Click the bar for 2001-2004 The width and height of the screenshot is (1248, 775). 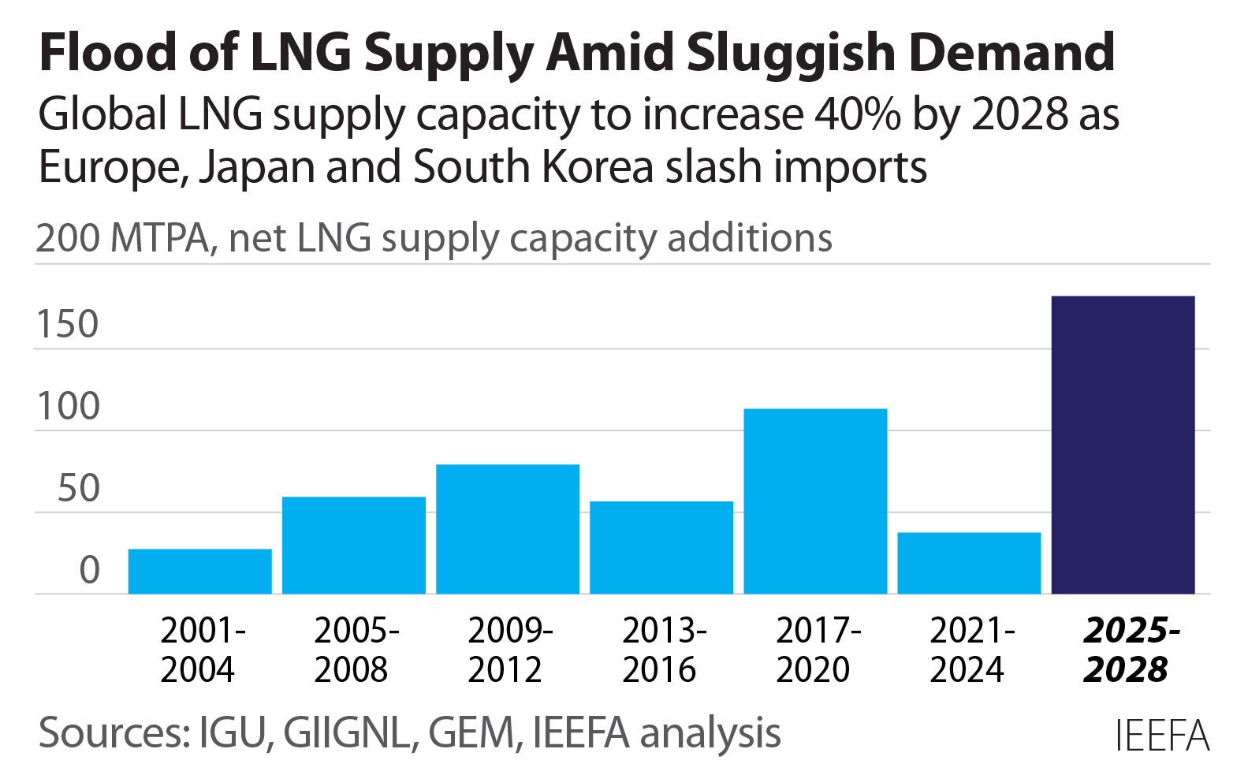point(199,571)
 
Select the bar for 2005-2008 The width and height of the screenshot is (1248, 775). point(354,545)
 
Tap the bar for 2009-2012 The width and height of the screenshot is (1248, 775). point(508,529)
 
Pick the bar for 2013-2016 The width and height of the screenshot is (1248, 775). point(661,547)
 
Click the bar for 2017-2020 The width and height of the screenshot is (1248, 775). point(815,501)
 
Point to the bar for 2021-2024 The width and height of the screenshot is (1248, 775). point(969,563)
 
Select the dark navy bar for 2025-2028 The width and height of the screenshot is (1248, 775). point(1123,445)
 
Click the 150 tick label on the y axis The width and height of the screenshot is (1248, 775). point(68,324)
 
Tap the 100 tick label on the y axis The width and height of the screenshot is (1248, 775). point(68,407)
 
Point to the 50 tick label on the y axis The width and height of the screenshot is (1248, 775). point(78,489)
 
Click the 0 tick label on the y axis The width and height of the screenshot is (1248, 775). point(89,570)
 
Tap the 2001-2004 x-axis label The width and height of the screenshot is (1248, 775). point(200,650)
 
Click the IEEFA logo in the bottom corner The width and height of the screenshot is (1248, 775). point(1161,736)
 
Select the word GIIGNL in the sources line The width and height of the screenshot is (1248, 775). point(347,732)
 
